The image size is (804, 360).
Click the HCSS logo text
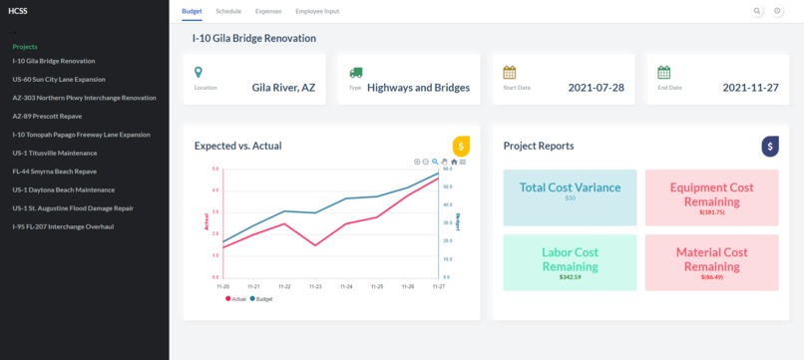(x=18, y=11)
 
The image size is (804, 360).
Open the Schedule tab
(x=228, y=10)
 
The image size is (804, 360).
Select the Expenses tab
(x=268, y=10)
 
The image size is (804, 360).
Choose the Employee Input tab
(x=317, y=10)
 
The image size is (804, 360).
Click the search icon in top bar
(x=757, y=11)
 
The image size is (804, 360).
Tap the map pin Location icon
(x=199, y=73)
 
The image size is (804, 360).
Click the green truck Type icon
(x=356, y=73)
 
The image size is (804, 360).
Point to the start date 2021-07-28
(x=596, y=88)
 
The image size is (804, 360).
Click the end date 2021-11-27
(x=749, y=88)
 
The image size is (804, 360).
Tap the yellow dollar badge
(x=461, y=146)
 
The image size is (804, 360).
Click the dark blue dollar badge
(x=770, y=146)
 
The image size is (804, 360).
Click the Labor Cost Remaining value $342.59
(x=570, y=276)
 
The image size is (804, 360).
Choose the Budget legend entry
(x=260, y=298)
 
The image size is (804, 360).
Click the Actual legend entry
(x=235, y=298)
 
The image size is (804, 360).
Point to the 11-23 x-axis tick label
(x=315, y=286)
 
